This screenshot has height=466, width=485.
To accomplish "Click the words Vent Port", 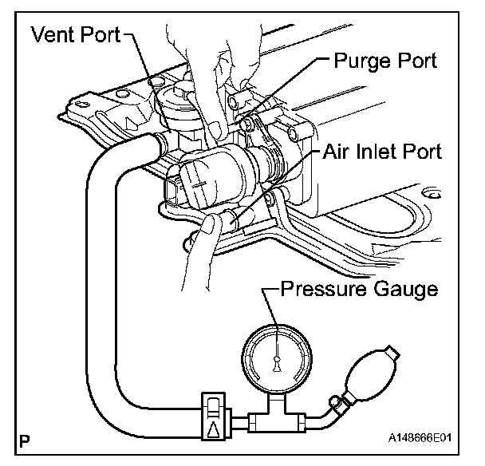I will (75, 35).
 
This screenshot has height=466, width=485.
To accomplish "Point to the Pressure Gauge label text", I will (359, 289).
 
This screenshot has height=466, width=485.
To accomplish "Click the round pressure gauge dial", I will (274, 358).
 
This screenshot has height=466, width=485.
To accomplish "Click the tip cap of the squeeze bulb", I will (388, 352).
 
